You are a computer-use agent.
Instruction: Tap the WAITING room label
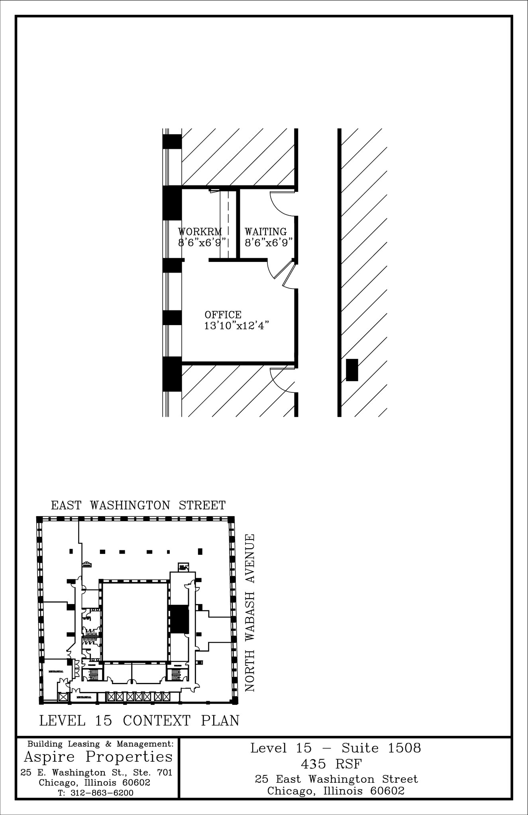coord(265,232)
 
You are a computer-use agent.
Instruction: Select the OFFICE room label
coord(223,315)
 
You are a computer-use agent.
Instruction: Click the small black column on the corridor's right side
coord(351,370)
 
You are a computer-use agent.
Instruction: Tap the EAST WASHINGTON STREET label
coord(138,505)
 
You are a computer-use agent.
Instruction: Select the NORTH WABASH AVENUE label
coord(250,613)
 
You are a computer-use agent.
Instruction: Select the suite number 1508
coord(404,748)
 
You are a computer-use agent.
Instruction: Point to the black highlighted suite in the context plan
coord(179,619)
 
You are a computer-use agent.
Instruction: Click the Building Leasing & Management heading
coord(100,744)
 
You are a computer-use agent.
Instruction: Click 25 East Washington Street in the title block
coord(336,779)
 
